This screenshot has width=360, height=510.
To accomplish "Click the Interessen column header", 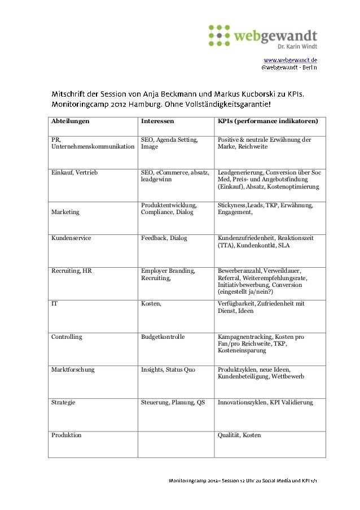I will pos(157,121).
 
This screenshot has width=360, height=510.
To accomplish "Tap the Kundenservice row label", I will pos(71,238).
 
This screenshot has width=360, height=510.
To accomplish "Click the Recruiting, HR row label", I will pos(72,271).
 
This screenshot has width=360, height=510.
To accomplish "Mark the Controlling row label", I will pos(67,337).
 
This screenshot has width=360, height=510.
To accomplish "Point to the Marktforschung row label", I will pos(73,369).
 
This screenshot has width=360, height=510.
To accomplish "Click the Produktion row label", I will pos(67,435).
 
